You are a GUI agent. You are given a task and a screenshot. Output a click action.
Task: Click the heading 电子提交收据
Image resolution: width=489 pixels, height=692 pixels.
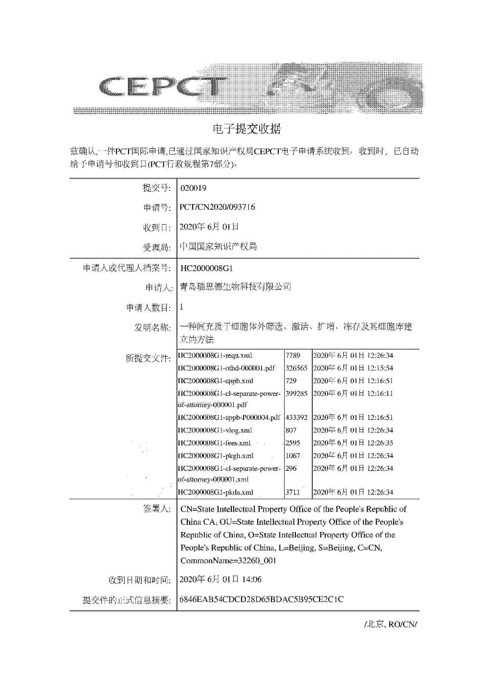point(247,129)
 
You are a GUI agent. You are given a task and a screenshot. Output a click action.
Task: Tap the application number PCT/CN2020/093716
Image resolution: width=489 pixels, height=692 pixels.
point(218,207)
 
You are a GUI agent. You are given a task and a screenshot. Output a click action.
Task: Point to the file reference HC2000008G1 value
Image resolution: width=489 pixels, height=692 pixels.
point(207,268)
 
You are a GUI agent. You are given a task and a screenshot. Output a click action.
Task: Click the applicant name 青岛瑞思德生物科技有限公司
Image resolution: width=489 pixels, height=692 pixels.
point(236,287)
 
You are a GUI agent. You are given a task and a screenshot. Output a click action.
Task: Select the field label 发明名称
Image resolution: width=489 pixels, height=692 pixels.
point(153,327)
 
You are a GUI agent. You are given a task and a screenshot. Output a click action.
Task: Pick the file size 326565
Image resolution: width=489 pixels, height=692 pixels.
point(296,368)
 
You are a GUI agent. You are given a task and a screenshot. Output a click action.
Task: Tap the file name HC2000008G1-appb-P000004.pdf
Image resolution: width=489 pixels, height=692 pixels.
point(229,417)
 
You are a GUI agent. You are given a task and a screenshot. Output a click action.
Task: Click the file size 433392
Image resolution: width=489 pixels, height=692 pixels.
point(296,417)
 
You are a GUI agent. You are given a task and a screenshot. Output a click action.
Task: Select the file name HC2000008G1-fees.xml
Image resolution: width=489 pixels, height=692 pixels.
point(214,443)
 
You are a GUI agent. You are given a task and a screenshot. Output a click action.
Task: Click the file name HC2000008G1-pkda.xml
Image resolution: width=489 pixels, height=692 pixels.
point(215,492)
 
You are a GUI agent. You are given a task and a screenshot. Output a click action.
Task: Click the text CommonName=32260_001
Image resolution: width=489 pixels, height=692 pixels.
point(228,561)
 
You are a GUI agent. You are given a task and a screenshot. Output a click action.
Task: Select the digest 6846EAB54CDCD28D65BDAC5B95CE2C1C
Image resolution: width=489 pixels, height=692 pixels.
point(262,600)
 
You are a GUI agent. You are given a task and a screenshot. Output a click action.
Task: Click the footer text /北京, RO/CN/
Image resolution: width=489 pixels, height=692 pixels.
point(391,624)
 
